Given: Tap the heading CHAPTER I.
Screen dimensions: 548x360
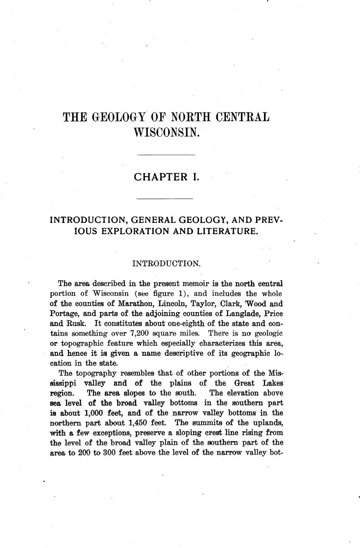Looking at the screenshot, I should point(166,177).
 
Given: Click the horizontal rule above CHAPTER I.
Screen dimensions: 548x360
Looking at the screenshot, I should point(166,154).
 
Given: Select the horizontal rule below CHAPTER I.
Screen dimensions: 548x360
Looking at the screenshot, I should point(164,199).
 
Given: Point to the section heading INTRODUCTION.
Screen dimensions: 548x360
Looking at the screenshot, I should point(166,263).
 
